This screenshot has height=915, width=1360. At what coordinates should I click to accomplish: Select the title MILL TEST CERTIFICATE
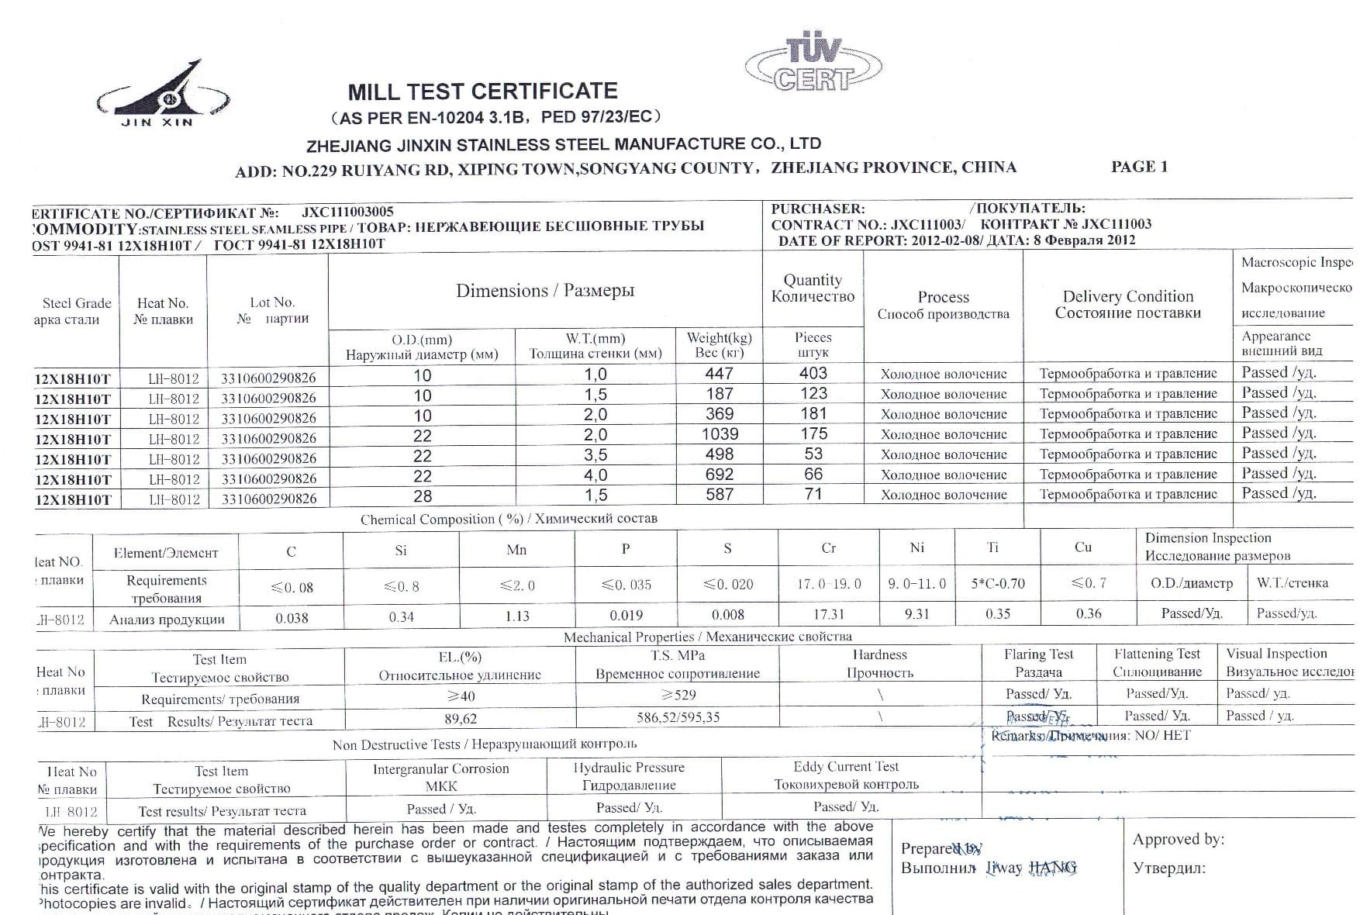482,91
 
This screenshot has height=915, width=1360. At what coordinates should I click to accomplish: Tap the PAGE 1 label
1138,167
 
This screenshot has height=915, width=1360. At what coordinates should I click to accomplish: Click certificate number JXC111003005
347,212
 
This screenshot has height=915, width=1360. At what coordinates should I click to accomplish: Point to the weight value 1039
720,434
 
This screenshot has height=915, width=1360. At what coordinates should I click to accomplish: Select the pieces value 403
813,374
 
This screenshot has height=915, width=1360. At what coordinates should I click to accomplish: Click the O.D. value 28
422,496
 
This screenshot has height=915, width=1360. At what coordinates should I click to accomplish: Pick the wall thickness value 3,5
595,455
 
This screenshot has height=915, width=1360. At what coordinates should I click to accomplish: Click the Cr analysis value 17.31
828,614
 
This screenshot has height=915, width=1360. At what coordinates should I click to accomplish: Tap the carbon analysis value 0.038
292,618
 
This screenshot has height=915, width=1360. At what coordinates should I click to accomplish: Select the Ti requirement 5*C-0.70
997,583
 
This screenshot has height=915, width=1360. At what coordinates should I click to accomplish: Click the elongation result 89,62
460,719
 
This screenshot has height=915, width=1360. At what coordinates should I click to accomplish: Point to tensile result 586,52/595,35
678,717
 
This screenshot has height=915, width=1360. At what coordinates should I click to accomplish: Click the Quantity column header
813,288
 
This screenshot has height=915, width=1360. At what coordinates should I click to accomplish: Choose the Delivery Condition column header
1127,304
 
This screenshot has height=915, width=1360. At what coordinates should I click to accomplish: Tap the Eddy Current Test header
845,766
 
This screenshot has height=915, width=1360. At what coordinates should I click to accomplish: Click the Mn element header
516,550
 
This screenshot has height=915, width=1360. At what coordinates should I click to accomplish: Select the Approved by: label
1178,839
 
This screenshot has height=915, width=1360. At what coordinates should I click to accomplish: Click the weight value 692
720,475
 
